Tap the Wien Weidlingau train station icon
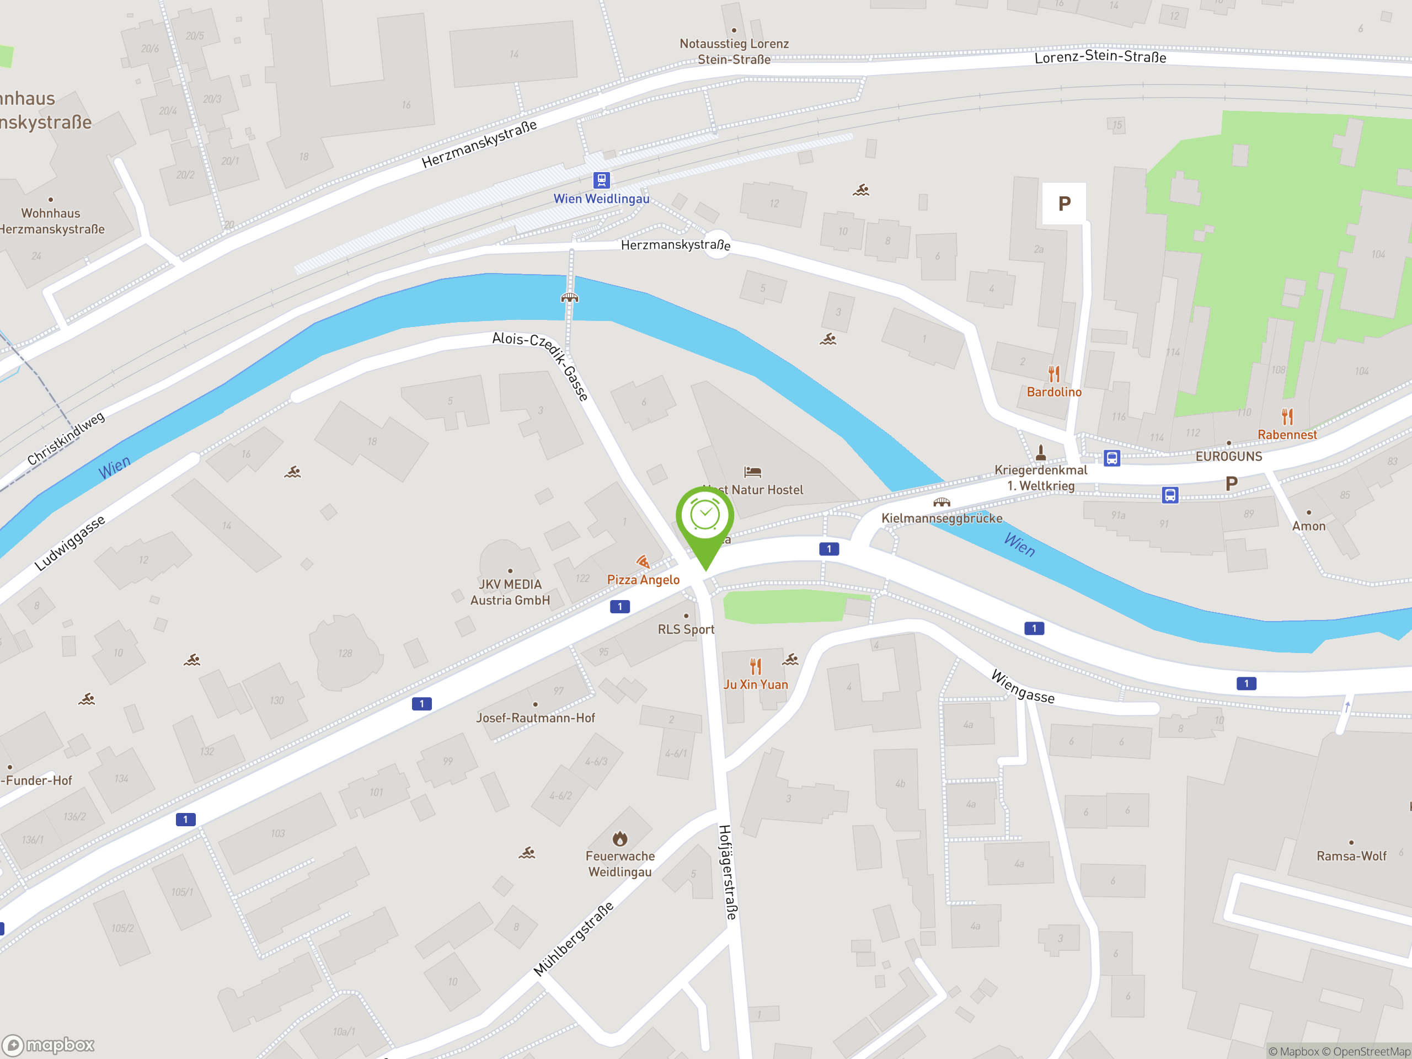pyautogui.click(x=601, y=180)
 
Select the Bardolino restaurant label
pyautogui.click(x=1054, y=392)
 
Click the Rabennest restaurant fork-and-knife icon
pyautogui.click(x=1287, y=417)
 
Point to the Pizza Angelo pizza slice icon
pyautogui.click(x=643, y=561)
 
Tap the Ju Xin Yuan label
pyautogui.click(x=755, y=684)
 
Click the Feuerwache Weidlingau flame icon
pyautogui.click(x=620, y=838)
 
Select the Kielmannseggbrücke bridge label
pyautogui.click(x=942, y=518)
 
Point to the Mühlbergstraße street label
pyautogui.click(x=573, y=939)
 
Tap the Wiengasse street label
pyautogui.click(x=1023, y=687)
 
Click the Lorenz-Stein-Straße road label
pyautogui.click(x=1100, y=57)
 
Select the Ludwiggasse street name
pyautogui.click(x=69, y=543)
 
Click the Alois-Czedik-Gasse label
pyautogui.click(x=541, y=365)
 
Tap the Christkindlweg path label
pyautogui.click(x=66, y=438)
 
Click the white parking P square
pyautogui.click(x=1064, y=204)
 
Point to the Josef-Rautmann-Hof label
pyautogui.click(x=535, y=718)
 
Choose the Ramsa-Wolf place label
pyautogui.click(x=1351, y=856)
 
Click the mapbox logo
pyautogui.click(x=49, y=1045)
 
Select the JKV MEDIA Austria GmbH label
pyautogui.click(x=510, y=592)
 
